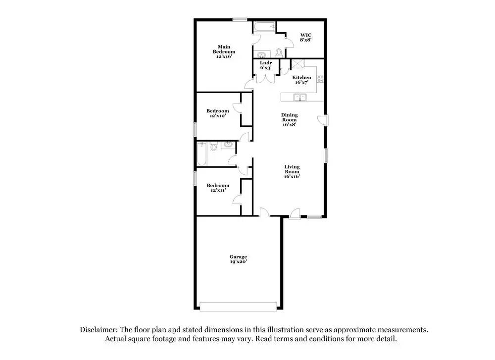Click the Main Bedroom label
click(x=224, y=52)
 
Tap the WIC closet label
click(x=305, y=37)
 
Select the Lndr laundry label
click(x=265, y=65)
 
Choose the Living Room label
click(x=292, y=171)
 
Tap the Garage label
click(x=238, y=259)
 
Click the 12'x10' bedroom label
click(x=218, y=113)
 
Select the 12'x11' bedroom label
click(x=218, y=188)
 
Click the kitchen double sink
click(x=299, y=97)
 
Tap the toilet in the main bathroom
click(x=279, y=51)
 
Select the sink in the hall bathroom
click(x=228, y=145)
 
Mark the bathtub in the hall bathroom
click(x=201, y=154)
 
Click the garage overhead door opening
click(x=238, y=307)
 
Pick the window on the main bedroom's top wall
click(x=240, y=19)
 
